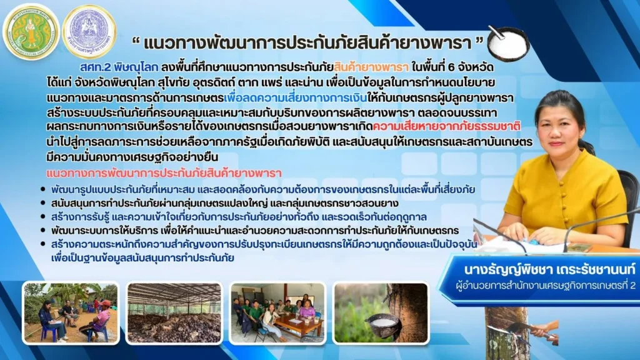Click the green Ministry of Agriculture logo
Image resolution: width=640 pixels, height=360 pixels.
31,32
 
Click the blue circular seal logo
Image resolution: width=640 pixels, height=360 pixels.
89,32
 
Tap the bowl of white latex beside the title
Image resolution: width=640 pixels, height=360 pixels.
509,44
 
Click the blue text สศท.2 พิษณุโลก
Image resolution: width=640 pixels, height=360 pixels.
119,67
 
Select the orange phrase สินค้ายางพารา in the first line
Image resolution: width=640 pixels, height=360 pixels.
371,67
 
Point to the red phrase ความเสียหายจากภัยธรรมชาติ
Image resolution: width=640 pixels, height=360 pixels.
446,126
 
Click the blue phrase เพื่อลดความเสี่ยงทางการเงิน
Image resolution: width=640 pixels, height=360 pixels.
295,98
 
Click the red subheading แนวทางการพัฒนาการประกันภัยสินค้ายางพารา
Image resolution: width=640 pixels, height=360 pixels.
164,173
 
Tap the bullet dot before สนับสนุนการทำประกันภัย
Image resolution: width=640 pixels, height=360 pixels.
43,203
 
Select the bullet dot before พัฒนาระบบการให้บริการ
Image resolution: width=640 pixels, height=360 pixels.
43,230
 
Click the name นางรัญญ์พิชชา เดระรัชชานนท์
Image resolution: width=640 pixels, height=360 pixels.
549,270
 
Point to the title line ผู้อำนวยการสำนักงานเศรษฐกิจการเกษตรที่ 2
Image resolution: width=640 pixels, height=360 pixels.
546,285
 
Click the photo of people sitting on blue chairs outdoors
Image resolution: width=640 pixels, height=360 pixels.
71,313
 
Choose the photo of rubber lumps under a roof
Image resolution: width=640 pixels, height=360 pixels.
174,313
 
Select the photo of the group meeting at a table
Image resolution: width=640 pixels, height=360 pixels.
278,313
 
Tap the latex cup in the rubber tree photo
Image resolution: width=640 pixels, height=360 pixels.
382,325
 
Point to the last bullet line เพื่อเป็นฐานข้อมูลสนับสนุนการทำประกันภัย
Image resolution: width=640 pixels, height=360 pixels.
142,258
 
